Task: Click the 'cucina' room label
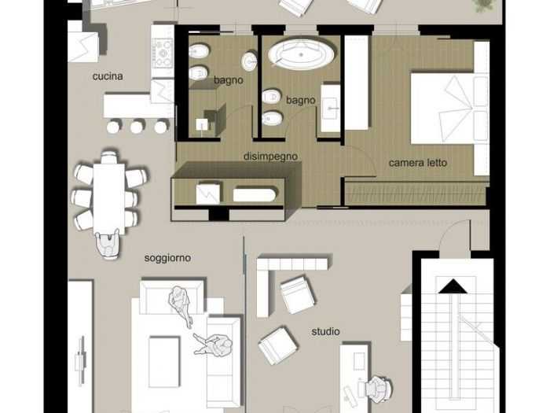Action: point(108,76)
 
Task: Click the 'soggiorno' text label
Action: point(167,257)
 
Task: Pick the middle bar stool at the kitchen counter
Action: point(138,126)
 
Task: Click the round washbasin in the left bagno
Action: point(250,61)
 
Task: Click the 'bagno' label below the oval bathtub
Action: point(300,100)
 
